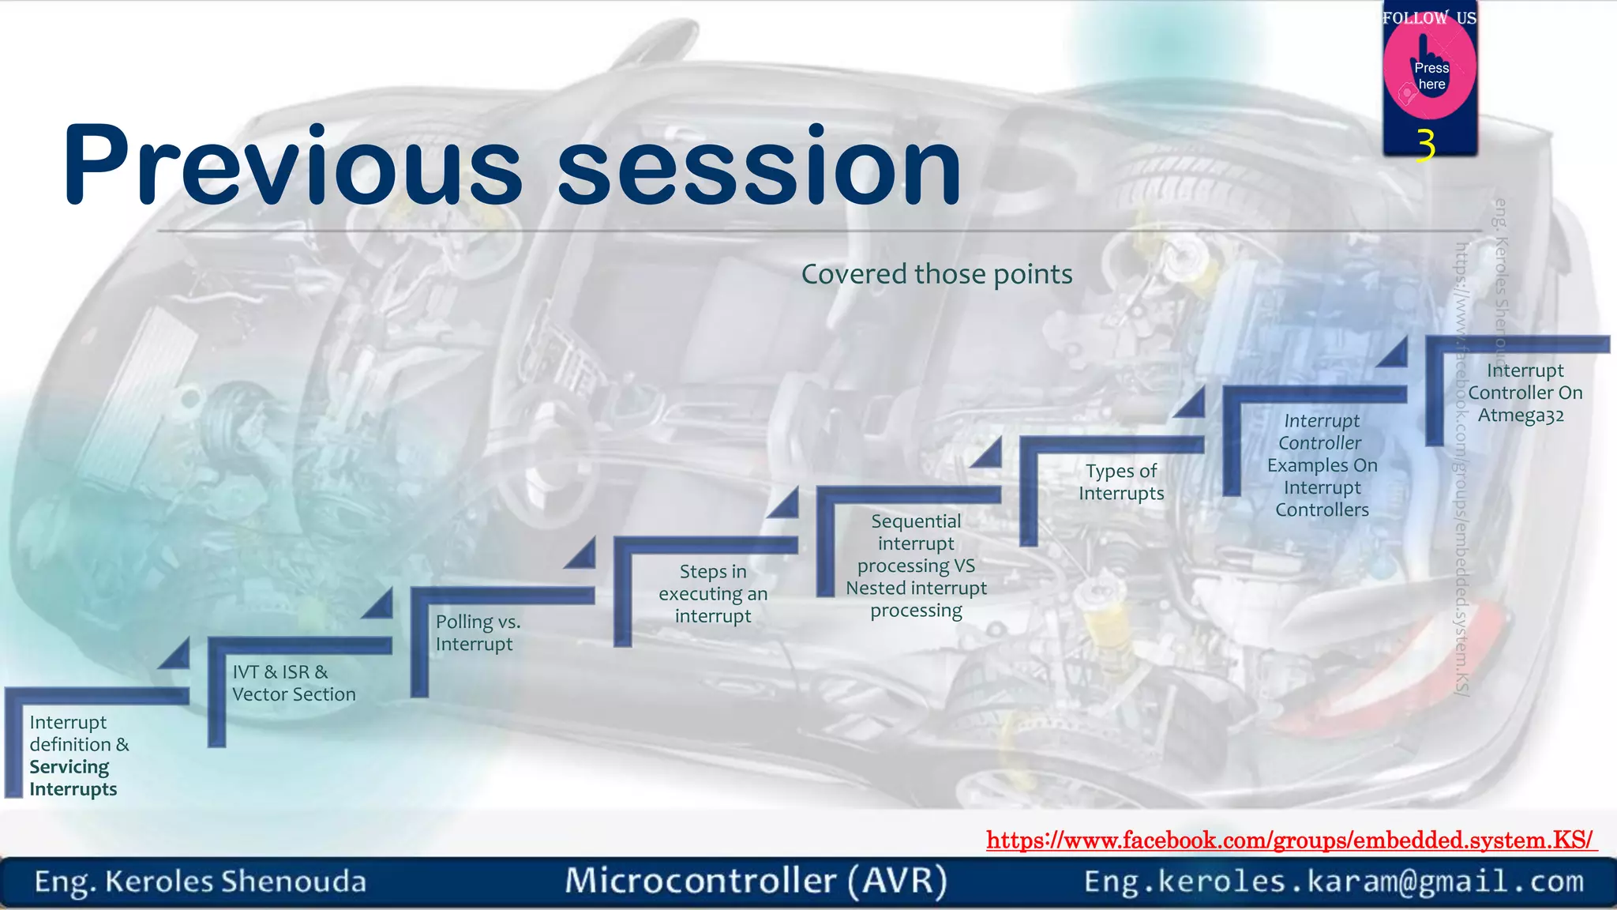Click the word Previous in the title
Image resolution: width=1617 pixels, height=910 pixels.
292,166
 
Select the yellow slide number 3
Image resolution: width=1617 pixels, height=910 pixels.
1426,145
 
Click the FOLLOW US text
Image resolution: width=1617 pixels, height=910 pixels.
1429,17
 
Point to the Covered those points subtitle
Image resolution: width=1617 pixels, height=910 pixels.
936,274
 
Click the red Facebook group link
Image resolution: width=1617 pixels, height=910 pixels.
1290,840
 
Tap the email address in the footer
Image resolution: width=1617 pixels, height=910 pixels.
1334,881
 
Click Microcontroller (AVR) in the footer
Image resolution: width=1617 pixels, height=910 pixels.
756,881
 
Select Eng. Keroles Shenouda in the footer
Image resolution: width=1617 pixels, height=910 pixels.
200,882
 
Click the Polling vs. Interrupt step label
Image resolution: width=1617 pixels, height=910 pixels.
477,633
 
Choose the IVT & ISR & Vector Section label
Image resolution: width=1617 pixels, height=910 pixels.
293,683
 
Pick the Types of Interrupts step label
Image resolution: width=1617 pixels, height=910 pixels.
1121,482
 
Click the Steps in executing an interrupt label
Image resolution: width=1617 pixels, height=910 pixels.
713,593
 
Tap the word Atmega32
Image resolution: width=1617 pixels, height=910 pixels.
1521,416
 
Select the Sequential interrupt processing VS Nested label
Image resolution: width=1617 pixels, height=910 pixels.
916,566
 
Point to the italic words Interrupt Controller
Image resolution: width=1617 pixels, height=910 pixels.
1321,432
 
